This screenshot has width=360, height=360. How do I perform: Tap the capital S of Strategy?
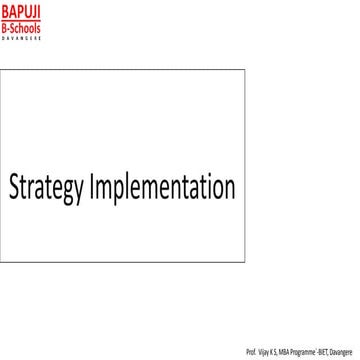(x=17, y=187)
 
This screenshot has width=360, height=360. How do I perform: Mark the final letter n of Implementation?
(x=229, y=188)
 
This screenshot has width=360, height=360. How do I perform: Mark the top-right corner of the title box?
(x=244, y=70)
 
